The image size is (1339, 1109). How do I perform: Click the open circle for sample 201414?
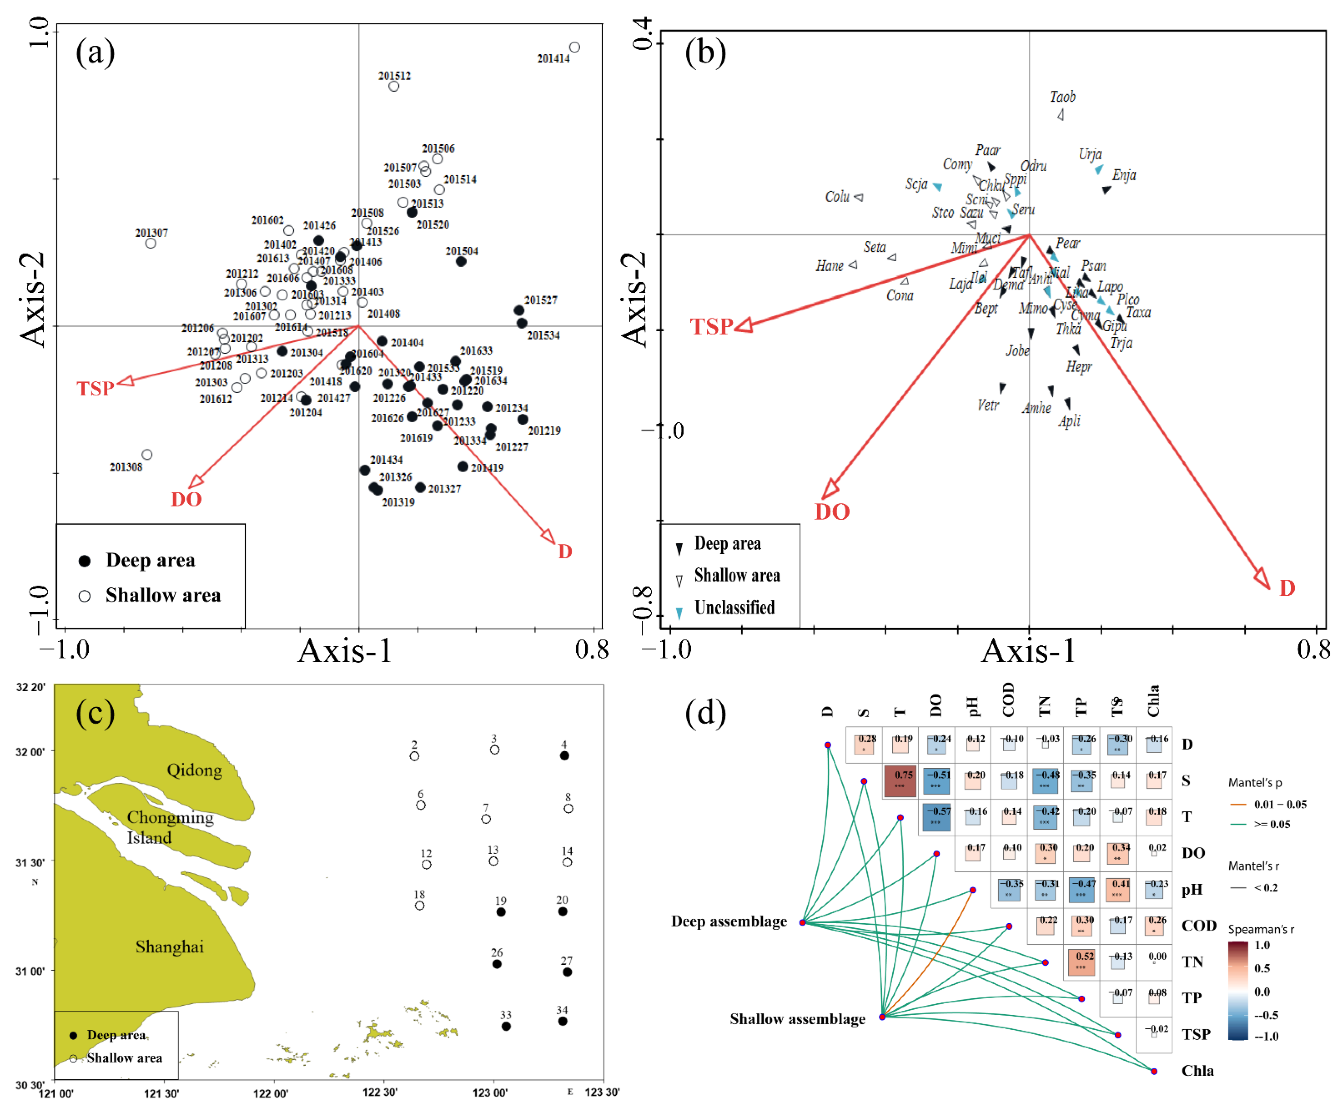click(x=574, y=47)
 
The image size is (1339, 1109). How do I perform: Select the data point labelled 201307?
click(x=151, y=243)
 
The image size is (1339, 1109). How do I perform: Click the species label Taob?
click(x=1062, y=97)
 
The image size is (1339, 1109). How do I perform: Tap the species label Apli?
click(x=1069, y=421)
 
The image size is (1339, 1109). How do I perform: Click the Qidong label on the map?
click(x=194, y=770)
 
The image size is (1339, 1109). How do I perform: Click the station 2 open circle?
click(x=415, y=756)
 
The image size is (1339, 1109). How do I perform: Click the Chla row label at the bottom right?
click(x=1198, y=1071)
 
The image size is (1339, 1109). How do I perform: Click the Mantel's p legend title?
click(x=1255, y=782)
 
